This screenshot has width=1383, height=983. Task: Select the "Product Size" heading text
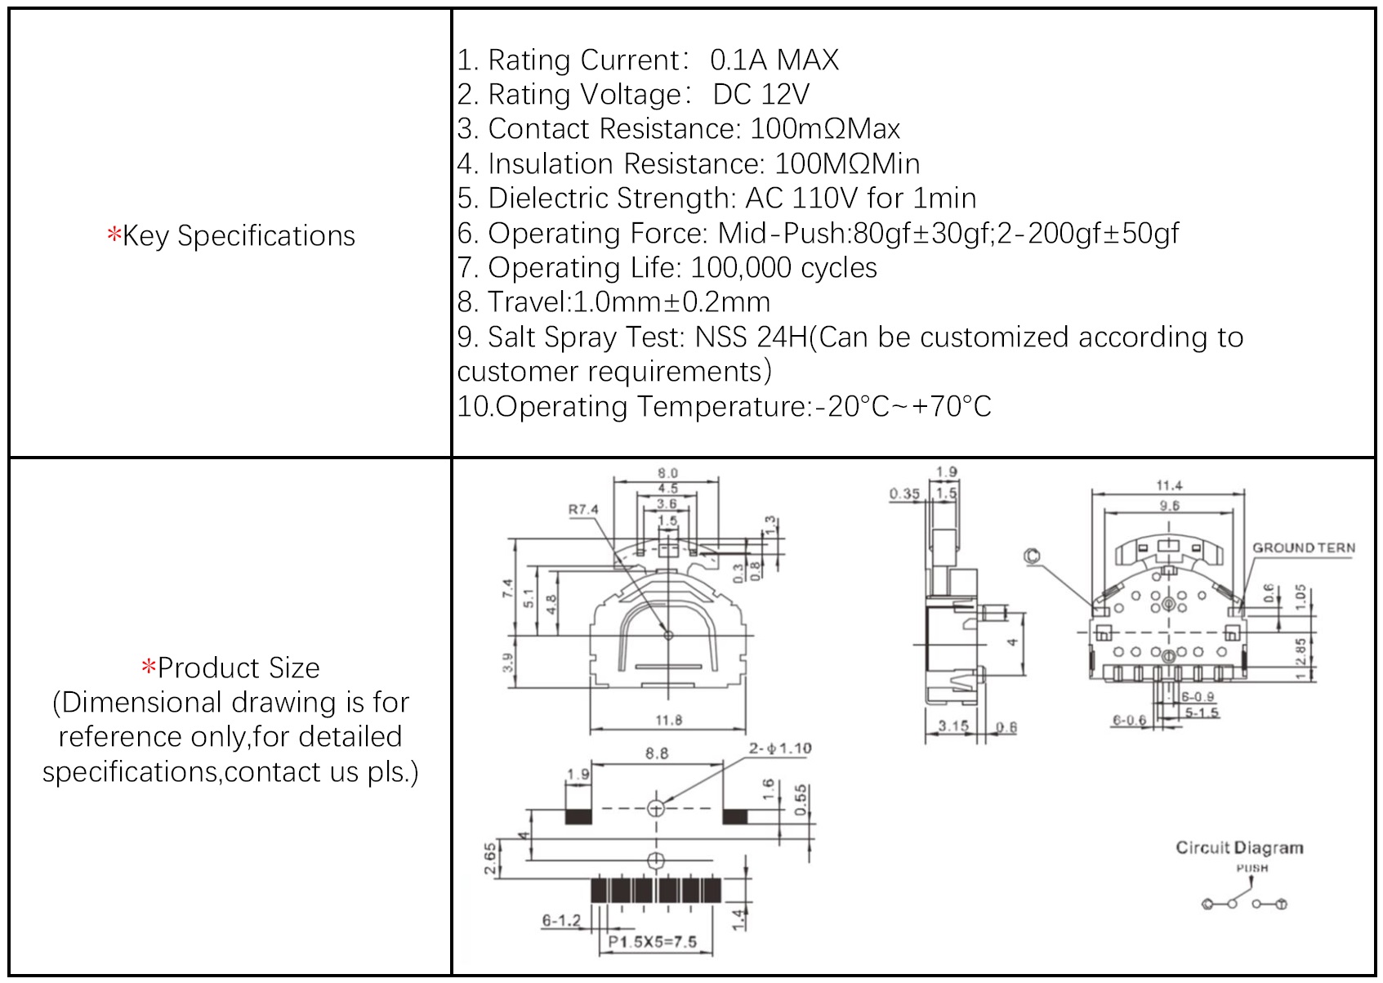tap(238, 668)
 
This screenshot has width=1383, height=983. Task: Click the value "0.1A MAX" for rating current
tap(774, 60)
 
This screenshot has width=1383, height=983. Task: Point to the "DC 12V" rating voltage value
tap(761, 95)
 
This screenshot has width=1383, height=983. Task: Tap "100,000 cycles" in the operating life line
tap(783, 268)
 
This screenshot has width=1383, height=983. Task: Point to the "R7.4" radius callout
tap(583, 510)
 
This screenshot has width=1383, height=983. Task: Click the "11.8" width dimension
tap(668, 720)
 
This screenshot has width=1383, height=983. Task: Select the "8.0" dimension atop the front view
tap(667, 473)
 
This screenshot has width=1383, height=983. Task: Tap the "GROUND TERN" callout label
tap(1304, 548)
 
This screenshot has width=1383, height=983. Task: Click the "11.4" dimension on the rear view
tap(1169, 486)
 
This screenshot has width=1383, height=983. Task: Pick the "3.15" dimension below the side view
tap(952, 726)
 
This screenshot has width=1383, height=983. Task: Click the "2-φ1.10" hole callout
tap(780, 748)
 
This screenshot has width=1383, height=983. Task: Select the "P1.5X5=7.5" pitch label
tap(653, 941)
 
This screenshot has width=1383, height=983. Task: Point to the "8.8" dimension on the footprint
tap(657, 753)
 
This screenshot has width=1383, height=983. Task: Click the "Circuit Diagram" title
tap(1239, 848)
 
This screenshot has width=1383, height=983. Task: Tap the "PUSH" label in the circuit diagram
tap(1251, 868)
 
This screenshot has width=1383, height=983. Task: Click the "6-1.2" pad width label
tap(561, 921)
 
